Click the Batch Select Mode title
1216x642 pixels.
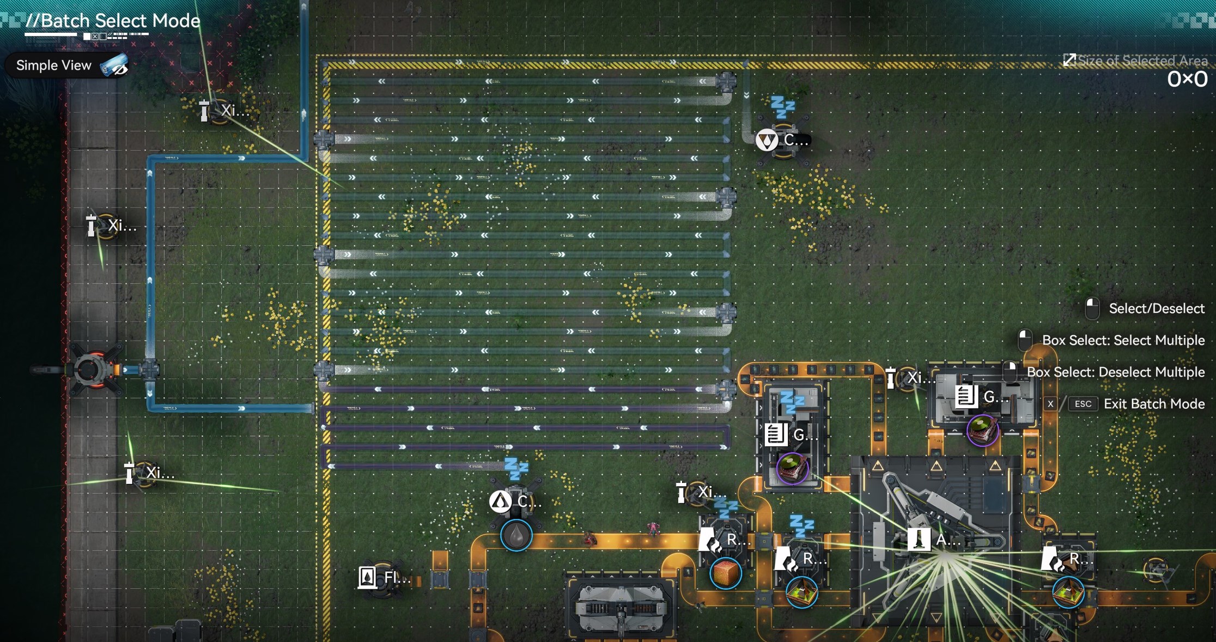(x=113, y=21)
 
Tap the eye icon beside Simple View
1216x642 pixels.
(x=115, y=66)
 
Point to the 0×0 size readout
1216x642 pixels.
(x=1187, y=80)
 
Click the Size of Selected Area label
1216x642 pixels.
(x=1142, y=60)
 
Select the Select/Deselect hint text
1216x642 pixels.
(x=1156, y=308)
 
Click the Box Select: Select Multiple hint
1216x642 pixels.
(x=1123, y=340)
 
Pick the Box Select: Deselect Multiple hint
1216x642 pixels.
(x=1115, y=372)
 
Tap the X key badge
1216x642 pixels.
(x=1050, y=404)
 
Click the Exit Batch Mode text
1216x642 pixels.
(x=1154, y=404)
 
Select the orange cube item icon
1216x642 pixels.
(x=726, y=573)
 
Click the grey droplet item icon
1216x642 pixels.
(x=516, y=535)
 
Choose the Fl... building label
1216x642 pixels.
(x=397, y=577)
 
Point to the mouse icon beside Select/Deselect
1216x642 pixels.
(x=1092, y=308)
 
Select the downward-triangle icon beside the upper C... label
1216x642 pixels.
(x=767, y=140)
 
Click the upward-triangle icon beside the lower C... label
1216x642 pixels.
(x=500, y=501)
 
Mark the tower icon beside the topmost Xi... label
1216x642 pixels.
(x=204, y=111)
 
